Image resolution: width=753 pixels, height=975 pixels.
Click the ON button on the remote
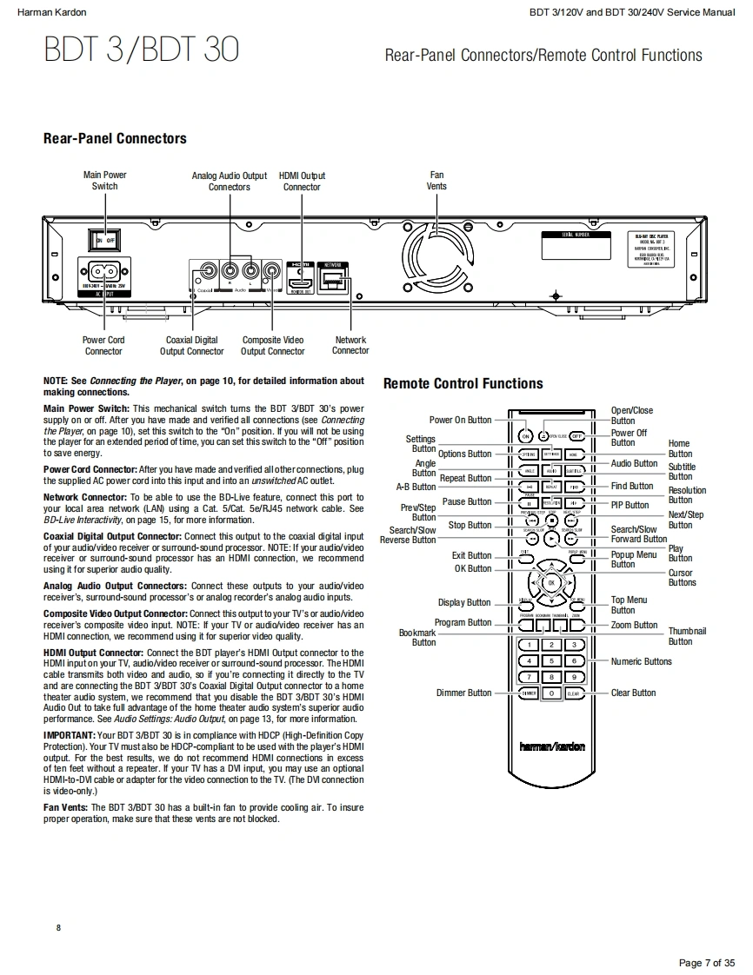pos(526,436)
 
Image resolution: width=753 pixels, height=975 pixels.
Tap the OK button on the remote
pos(551,582)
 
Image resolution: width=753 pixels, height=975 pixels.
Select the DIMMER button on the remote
pos(529,693)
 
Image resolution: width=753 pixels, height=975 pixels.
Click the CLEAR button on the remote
pos(574,693)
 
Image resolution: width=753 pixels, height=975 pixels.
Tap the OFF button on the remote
pos(576,436)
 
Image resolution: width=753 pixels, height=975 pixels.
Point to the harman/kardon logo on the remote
pos(552,746)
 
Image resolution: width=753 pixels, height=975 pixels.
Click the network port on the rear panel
pos(334,278)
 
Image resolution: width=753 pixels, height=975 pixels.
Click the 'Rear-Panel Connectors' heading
pos(115,138)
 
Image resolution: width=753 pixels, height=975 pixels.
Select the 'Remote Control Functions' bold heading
pos(463,383)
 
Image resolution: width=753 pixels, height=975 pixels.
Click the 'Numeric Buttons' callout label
pos(641,661)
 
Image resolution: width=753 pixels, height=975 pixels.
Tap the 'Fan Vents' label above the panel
pos(436,181)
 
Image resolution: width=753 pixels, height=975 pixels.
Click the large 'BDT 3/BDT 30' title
pos(141,50)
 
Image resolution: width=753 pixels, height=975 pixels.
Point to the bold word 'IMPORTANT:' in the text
pos(69,735)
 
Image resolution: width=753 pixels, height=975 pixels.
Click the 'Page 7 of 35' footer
pos(706,962)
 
